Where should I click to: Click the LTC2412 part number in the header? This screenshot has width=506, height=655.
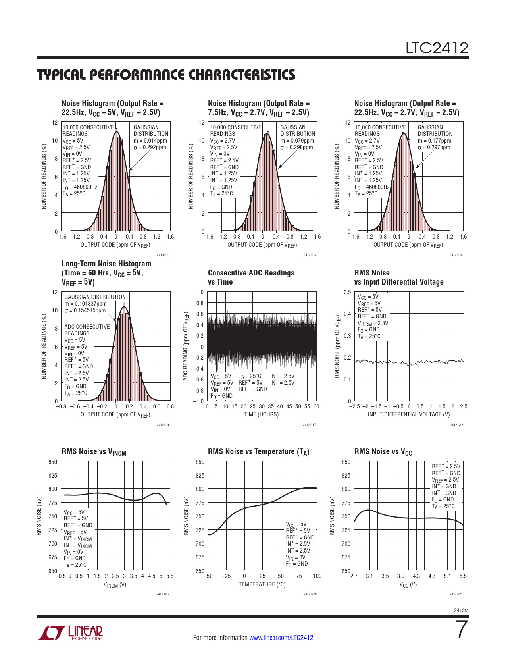tap(437, 48)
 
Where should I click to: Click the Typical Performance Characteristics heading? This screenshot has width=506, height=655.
tap(166, 75)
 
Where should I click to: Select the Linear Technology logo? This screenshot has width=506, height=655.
tap(70, 633)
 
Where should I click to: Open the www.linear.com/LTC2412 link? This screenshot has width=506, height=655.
tap(281, 638)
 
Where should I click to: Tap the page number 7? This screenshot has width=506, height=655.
tap(462, 630)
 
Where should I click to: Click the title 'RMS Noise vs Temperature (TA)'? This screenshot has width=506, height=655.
tap(258, 452)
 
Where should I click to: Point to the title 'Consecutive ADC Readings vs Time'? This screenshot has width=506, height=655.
tap(251, 277)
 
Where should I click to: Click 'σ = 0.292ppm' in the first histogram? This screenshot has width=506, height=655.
tap(150, 147)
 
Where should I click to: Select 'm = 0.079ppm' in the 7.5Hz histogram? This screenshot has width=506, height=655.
tap(297, 141)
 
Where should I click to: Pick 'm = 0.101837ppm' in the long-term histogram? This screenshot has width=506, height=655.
tap(85, 304)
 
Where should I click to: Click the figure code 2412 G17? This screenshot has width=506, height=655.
tap(309, 425)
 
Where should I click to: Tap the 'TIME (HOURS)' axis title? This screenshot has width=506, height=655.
tap(261, 414)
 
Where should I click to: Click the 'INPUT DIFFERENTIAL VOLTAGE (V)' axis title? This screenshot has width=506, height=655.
tap(408, 414)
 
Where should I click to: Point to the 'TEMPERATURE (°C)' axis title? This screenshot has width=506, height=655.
tap(262, 584)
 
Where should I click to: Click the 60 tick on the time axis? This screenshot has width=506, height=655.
tap(316, 406)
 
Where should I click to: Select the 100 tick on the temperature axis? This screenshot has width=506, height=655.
tap(317, 576)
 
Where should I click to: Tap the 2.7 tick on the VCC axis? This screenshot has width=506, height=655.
tap(354, 576)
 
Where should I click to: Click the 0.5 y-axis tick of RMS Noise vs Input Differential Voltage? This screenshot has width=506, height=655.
tap(347, 292)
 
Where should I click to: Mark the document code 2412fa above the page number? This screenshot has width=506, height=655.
tap(461, 610)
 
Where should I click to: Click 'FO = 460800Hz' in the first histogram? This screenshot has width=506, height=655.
tap(80, 187)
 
